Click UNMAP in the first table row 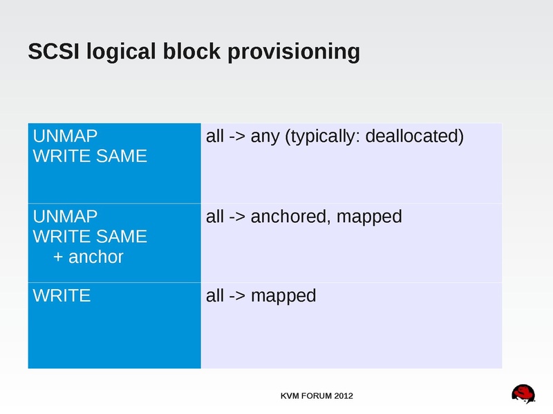(66, 136)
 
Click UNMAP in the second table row (66, 217)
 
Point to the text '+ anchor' (88, 257)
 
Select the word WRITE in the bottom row (62, 297)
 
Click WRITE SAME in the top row (91, 156)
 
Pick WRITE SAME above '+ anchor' (91, 237)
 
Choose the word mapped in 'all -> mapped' (283, 297)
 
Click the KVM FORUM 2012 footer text (317, 396)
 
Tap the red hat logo (524, 394)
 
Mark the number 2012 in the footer (344, 396)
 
